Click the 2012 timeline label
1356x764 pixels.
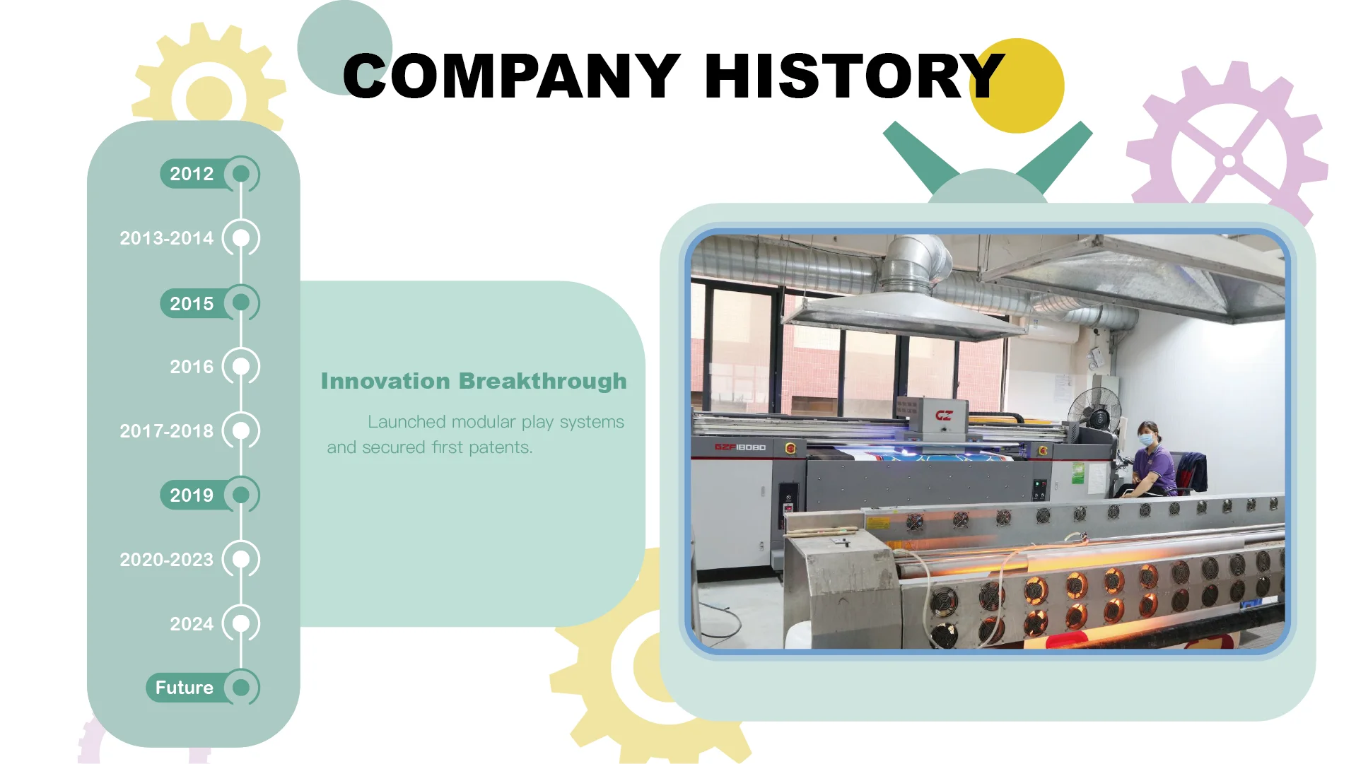click(191, 174)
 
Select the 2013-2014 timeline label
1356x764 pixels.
click(166, 238)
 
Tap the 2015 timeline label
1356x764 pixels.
click(191, 304)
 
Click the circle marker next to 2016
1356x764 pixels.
click(241, 366)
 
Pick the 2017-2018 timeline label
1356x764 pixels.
click(166, 431)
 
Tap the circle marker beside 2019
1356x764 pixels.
click(241, 495)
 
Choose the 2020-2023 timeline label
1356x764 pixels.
click(166, 560)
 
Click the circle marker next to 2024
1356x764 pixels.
click(241, 623)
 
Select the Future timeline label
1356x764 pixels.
click(184, 688)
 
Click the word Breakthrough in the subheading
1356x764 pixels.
click(542, 381)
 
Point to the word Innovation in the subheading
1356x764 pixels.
click(385, 381)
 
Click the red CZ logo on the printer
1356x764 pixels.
click(944, 416)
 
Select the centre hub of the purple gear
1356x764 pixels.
click(1229, 162)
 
